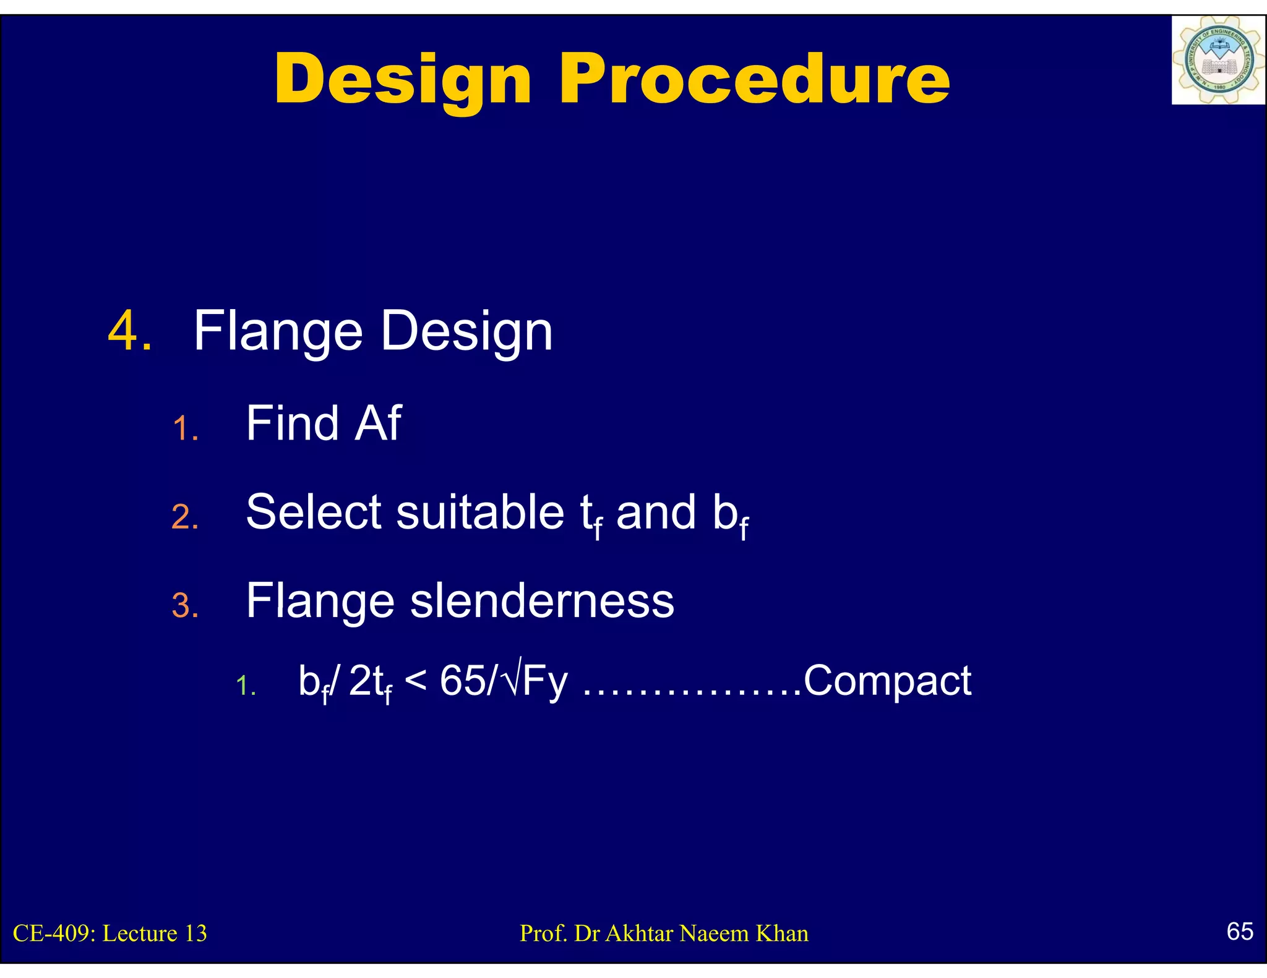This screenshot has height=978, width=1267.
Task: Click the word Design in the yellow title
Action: point(403,80)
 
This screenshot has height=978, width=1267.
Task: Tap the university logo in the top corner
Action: point(1218,60)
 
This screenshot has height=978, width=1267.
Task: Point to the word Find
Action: point(293,423)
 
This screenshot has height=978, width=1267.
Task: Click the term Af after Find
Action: point(378,423)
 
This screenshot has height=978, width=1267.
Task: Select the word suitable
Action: point(479,512)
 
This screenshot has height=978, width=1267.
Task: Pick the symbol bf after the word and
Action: point(730,516)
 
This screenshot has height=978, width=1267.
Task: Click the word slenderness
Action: point(542,601)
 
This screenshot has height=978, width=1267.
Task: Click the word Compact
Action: point(887,681)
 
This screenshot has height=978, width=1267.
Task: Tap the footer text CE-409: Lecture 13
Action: point(110,933)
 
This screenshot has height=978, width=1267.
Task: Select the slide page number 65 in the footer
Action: point(1239,931)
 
